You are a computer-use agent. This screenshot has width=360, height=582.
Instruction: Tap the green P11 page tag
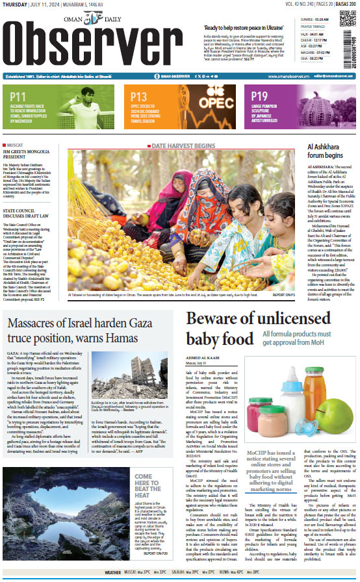click(x=18, y=97)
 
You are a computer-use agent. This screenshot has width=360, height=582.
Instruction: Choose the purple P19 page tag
click(x=259, y=97)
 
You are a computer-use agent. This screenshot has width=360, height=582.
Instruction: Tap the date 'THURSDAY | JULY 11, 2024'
click(x=32, y=5)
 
